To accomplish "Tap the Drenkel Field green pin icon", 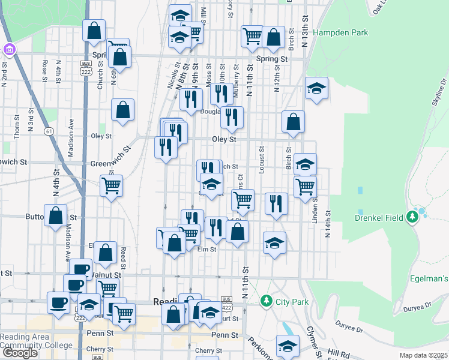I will tap(412, 217).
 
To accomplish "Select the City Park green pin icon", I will tap(265, 300).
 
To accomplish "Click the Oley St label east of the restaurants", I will tap(224, 139).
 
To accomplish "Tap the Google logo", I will tap(20, 353).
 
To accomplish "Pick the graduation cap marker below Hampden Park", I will tap(316, 89).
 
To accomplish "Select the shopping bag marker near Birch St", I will tap(293, 121).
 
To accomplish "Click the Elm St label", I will tap(207, 249).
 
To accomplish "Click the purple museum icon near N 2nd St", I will tap(9, 49).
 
